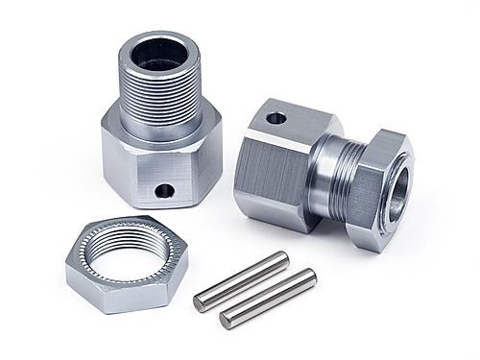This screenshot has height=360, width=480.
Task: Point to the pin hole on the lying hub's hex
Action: click(x=276, y=120)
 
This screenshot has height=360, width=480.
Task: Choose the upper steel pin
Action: click(x=241, y=281)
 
